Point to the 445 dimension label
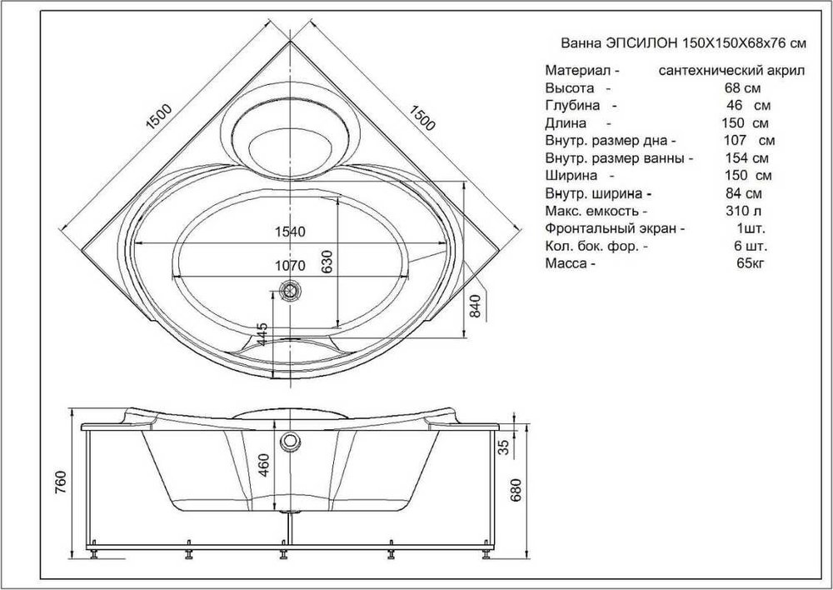[262, 335]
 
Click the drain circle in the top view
[290, 291]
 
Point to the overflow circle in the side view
[289, 441]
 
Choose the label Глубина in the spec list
[573, 106]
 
